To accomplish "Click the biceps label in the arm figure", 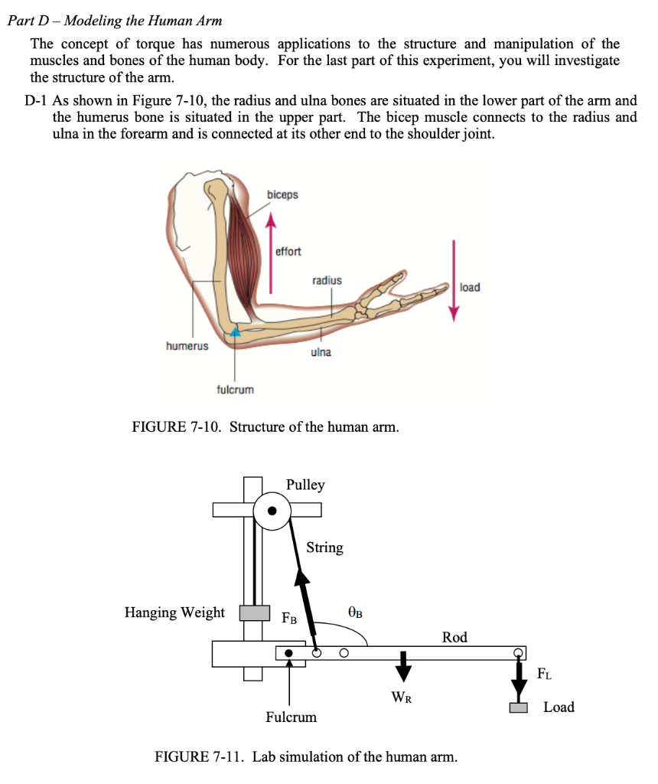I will tap(282, 195).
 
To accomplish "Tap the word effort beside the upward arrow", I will tap(288, 251).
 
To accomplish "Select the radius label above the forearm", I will tap(327, 281).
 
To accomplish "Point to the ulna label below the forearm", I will tap(321, 352).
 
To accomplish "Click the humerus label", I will tap(187, 346).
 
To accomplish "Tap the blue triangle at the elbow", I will tap(236, 331).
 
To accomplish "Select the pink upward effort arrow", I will tap(270, 253).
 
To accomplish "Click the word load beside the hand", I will tap(470, 287).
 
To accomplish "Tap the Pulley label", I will tap(305, 485).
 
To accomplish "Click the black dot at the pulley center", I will tap(272, 511).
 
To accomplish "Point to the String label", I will tap(324, 547).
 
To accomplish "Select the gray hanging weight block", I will tap(255, 612).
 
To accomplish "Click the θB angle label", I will tap(354, 612).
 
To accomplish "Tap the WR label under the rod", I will tap(402, 697).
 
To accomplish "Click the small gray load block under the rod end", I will tap(520, 708).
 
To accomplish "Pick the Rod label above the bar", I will tap(454, 637).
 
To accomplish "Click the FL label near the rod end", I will tap(542, 675).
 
